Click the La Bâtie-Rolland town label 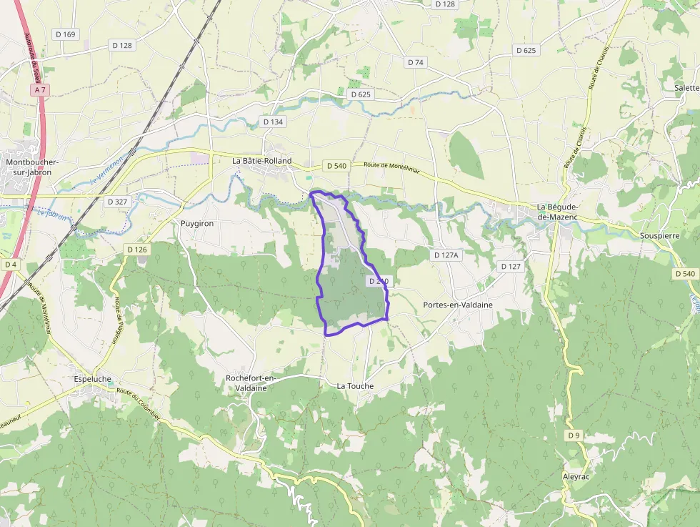point(262,162)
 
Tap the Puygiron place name point(197,223)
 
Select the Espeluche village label point(93,379)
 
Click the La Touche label point(355,386)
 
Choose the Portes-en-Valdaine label point(458,305)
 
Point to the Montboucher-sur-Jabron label point(31,167)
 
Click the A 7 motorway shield point(40,90)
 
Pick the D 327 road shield point(117,202)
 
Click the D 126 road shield point(136,250)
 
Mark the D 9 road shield point(573,435)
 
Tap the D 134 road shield point(273,122)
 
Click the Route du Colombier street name point(139,405)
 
